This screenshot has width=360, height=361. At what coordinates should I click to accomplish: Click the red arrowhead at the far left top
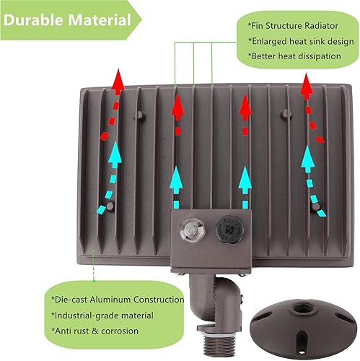[116, 77]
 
